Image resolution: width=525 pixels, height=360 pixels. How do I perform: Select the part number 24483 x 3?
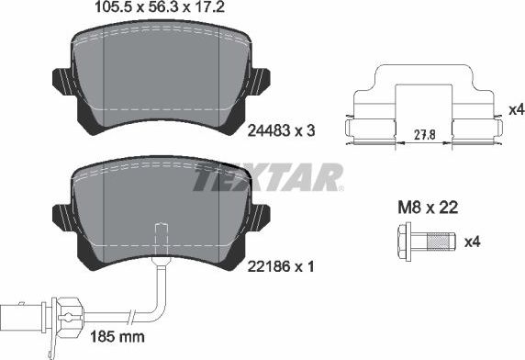click(283, 131)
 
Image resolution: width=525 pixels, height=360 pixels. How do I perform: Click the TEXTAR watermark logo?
click(267, 177)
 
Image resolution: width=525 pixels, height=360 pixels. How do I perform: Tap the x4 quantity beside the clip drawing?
click(515, 109)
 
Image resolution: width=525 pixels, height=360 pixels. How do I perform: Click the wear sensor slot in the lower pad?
click(162, 234)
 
